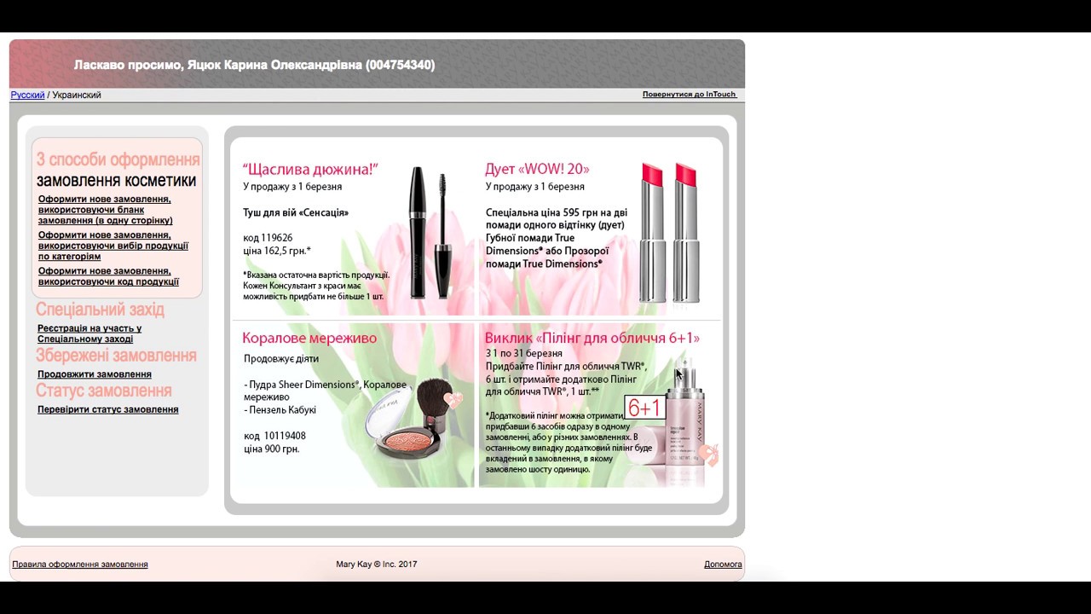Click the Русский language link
pos(27,95)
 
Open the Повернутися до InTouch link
pos(690,94)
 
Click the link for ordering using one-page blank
pos(105,210)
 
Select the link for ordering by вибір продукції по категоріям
pos(113,246)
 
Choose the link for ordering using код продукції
pos(108,276)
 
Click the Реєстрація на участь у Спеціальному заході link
pos(89,333)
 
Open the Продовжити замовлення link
pos(95,374)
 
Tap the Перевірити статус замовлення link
pos(107,409)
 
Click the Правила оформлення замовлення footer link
pos(80,565)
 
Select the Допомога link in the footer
pos(723,565)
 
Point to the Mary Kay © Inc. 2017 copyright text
pos(377,565)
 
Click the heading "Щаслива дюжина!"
pos(310,169)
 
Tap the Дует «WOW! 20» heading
pos(537,169)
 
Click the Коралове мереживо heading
pos(309,338)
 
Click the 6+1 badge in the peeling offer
pos(644,408)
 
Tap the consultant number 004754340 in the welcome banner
pos(400,65)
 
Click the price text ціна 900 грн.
pos(271,449)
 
